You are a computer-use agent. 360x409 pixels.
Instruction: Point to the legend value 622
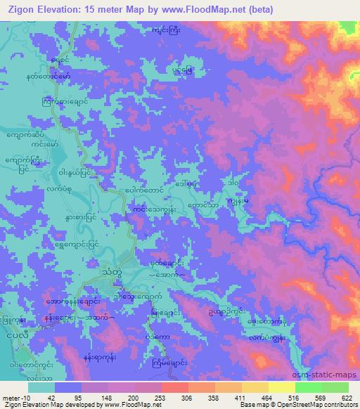click(x=347, y=397)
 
